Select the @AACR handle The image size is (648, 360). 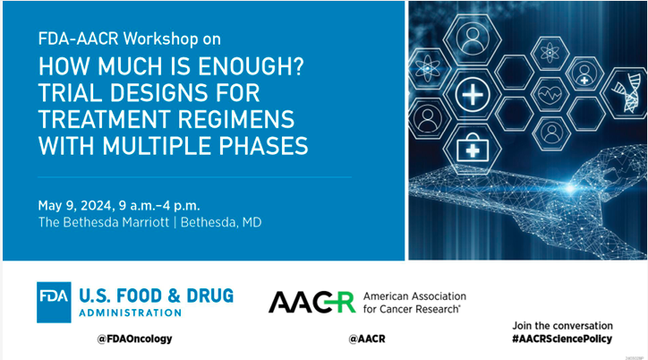point(368,339)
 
